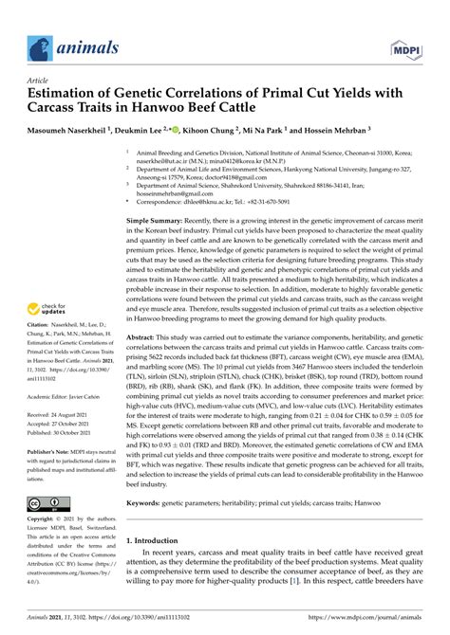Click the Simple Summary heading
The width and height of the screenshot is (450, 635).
click(x=157, y=245)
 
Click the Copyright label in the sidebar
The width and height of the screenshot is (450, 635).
click(x=40, y=495)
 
